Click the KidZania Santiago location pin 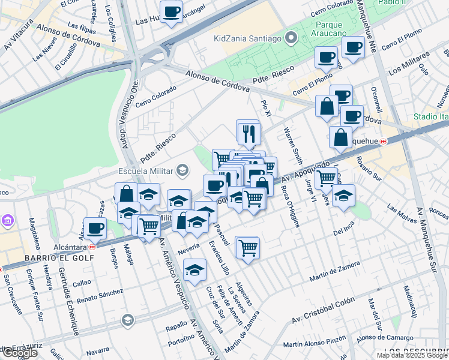(x=291, y=38)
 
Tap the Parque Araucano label (x=337, y=30)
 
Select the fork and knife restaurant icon (x=247, y=133)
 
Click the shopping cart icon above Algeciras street (x=247, y=247)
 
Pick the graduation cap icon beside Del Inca (x=343, y=196)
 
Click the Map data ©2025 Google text (x=412, y=355)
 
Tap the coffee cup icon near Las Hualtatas (x=172, y=11)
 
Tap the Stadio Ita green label (x=430, y=116)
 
